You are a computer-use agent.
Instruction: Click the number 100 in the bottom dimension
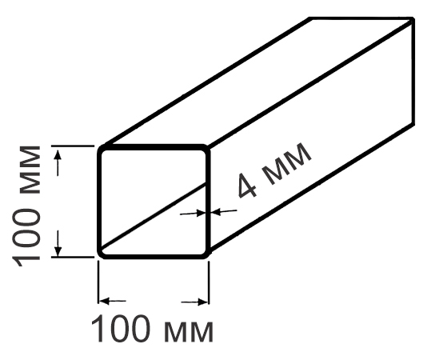pos(121,328)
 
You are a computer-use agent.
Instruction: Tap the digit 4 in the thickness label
pos(247,186)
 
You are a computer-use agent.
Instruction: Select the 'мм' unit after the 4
pos(286,164)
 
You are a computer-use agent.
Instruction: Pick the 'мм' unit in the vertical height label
pos(30,170)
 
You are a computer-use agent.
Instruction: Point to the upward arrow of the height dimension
pos(58,163)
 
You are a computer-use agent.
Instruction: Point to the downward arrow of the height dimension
pos(58,243)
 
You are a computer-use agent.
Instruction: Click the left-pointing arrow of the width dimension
pos(114,301)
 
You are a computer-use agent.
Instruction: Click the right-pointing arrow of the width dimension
pos(194,302)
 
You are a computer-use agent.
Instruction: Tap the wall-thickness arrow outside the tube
pos(224,211)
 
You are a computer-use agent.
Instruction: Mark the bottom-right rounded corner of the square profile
pos(206,254)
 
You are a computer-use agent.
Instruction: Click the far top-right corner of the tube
pos(412,19)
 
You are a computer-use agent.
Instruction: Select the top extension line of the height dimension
pos(73,146)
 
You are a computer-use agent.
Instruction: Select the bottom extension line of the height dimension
pos(73,257)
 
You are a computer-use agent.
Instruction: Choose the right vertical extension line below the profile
pos(209,283)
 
